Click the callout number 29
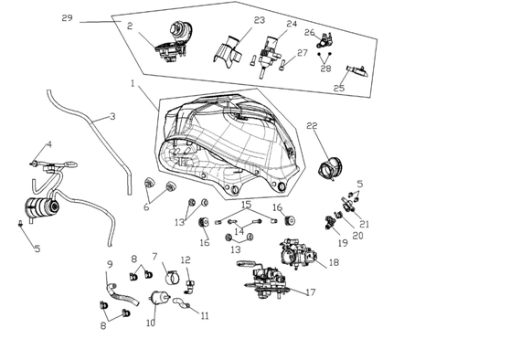pyautogui.click(x=67, y=18)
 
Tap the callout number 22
pyautogui.click(x=312, y=125)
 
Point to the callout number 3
pyautogui.click(x=112, y=117)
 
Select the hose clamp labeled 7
pyautogui.click(x=173, y=278)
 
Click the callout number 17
pyautogui.click(x=311, y=292)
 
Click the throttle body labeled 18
pyautogui.click(x=298, y=254)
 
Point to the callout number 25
pyautogui.click(x=339, y=89)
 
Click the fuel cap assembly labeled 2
pyautogui.click(x=173, y=43)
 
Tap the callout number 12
pyautogui.click(x=186, y=259)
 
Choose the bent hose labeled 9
pyautogui.click(x=122, y=293)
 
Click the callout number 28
pyautogui.click(x=326, y=69)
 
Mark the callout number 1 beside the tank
pyautogui.click(x=133, y=83)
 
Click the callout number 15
pyautogui.click(x=246, y=205)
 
